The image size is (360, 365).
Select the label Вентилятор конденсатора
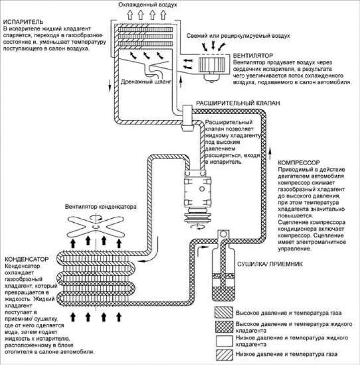pyautogui.click(x=99, y=207)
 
